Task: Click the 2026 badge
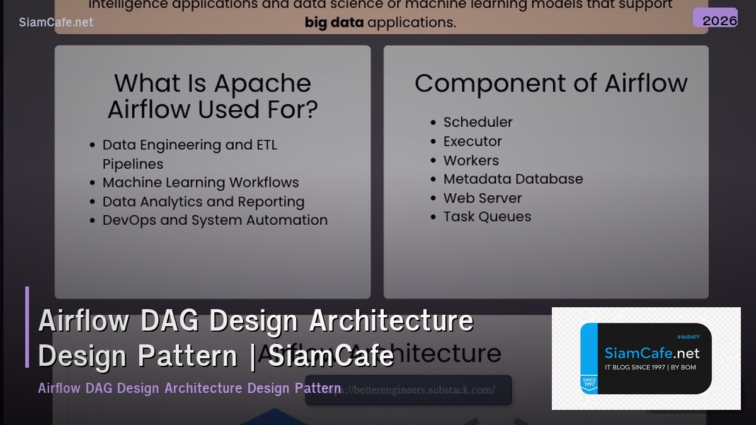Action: point(716,18)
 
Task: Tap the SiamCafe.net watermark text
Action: point(56,22)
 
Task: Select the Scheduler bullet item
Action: point(478,122)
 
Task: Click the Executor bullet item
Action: point(472,141)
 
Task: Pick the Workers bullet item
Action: point(471,161)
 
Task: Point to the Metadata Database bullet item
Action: point(513,179)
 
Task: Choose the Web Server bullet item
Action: point(482,198)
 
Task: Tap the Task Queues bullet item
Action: point(487,217)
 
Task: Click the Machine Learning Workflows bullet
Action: point(200,183)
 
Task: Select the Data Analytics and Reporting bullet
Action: point(203,201)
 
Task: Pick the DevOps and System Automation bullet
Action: point(215,220)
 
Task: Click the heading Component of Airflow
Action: point(551,84)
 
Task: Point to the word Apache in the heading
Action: point(261,84)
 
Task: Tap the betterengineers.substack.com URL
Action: point(408,389)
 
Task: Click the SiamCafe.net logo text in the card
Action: point(651,353)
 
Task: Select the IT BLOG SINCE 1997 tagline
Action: point(650,367)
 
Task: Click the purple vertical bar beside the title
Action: point(27,327)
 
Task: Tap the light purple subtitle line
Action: point(189,388)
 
